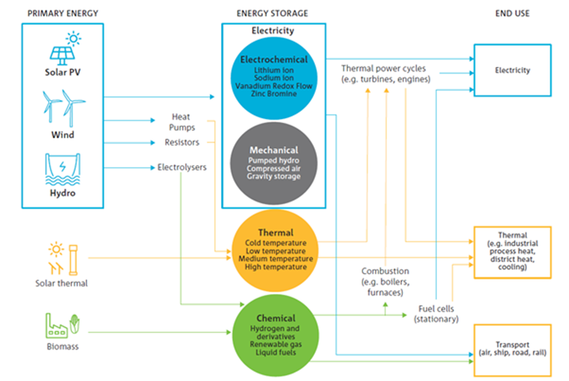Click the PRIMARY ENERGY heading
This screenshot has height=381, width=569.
click(63, 14)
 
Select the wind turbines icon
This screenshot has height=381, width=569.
click(63, 108)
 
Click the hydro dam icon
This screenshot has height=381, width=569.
click(63, 169)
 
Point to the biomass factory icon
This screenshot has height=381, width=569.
click(62, 325)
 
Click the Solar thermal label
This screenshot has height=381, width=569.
click(62, 283)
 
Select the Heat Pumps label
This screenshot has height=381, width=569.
click(181, 122)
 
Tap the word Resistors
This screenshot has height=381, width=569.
click(182, 142)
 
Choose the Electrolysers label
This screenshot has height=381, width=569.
click(182, 168)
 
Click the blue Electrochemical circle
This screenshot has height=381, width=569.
click(274, 78)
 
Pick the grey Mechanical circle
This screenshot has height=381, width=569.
click(274, 163)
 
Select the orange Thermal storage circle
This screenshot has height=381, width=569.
click(275, 251)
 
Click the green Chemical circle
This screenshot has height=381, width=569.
click(275, 336)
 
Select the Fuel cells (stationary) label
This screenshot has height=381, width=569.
click(436, 314)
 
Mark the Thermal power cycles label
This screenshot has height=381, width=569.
click(386, 74)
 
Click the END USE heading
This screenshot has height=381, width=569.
click(513, 14)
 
